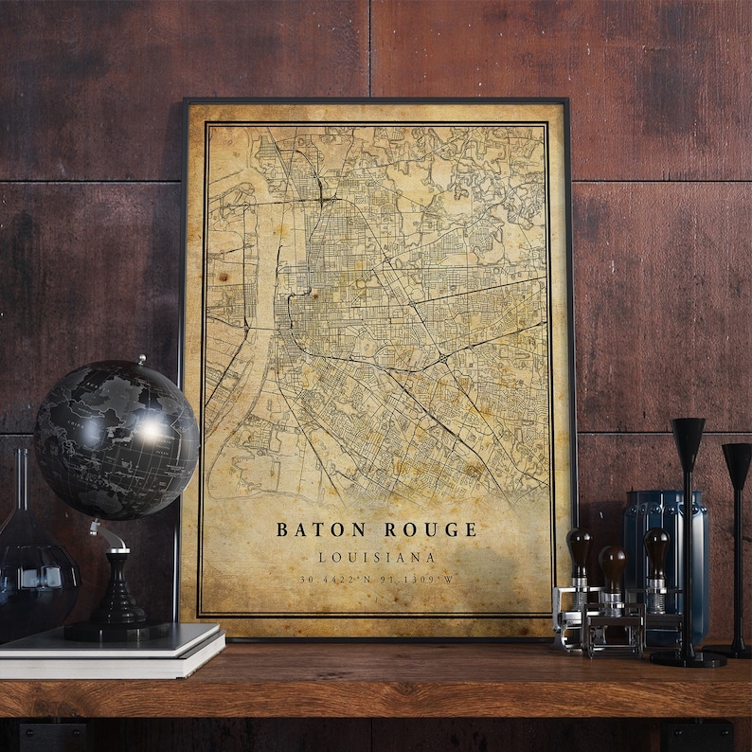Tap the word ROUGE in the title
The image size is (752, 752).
pos(430,528)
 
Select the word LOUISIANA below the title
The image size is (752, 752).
pos(376,557)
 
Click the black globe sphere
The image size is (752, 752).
pos(116,439)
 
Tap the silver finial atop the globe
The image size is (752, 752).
pos(141,361)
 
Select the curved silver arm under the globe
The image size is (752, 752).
pos(112,536)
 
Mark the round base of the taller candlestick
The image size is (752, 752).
pos(688,657)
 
